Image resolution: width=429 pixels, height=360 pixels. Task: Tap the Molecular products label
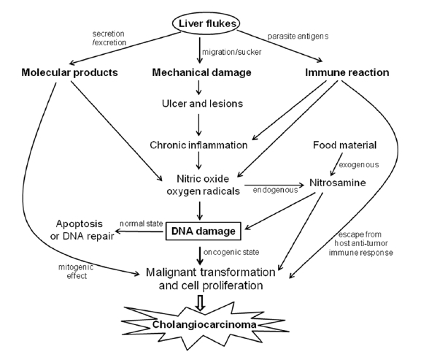coord(70,72)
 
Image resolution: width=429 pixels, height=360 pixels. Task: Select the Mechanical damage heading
coord(201,72)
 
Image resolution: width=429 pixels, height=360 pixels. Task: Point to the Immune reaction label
coord(347,72)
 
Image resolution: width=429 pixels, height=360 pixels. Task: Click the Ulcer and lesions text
coord(202,104)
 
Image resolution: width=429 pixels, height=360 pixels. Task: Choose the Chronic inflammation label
coord(198,145)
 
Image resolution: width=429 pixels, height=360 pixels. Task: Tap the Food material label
coord(344,145)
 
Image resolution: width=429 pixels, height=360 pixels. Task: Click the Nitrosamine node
coord(338,183)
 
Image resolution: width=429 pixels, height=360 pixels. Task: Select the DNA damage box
coord(204,231)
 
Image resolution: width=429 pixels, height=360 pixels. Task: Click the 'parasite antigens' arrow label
coord(298,36)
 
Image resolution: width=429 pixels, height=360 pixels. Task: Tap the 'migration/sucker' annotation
coord(232,52)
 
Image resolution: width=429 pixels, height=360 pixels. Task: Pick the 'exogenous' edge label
coord(359,165)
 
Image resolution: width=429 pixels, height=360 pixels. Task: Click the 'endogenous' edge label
coord(275,190)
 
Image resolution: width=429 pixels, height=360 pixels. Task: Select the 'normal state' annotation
coord(142,223)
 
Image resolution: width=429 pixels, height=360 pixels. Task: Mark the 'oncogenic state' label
coord(231,252)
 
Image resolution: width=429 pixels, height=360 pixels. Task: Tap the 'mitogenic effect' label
coord(76,272)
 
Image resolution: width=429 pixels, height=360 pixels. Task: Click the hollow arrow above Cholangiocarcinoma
coord(201,302)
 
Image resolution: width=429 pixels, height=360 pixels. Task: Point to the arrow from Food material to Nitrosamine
coord(336,164)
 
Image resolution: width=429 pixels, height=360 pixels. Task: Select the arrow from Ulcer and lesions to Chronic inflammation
coord(199,125)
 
